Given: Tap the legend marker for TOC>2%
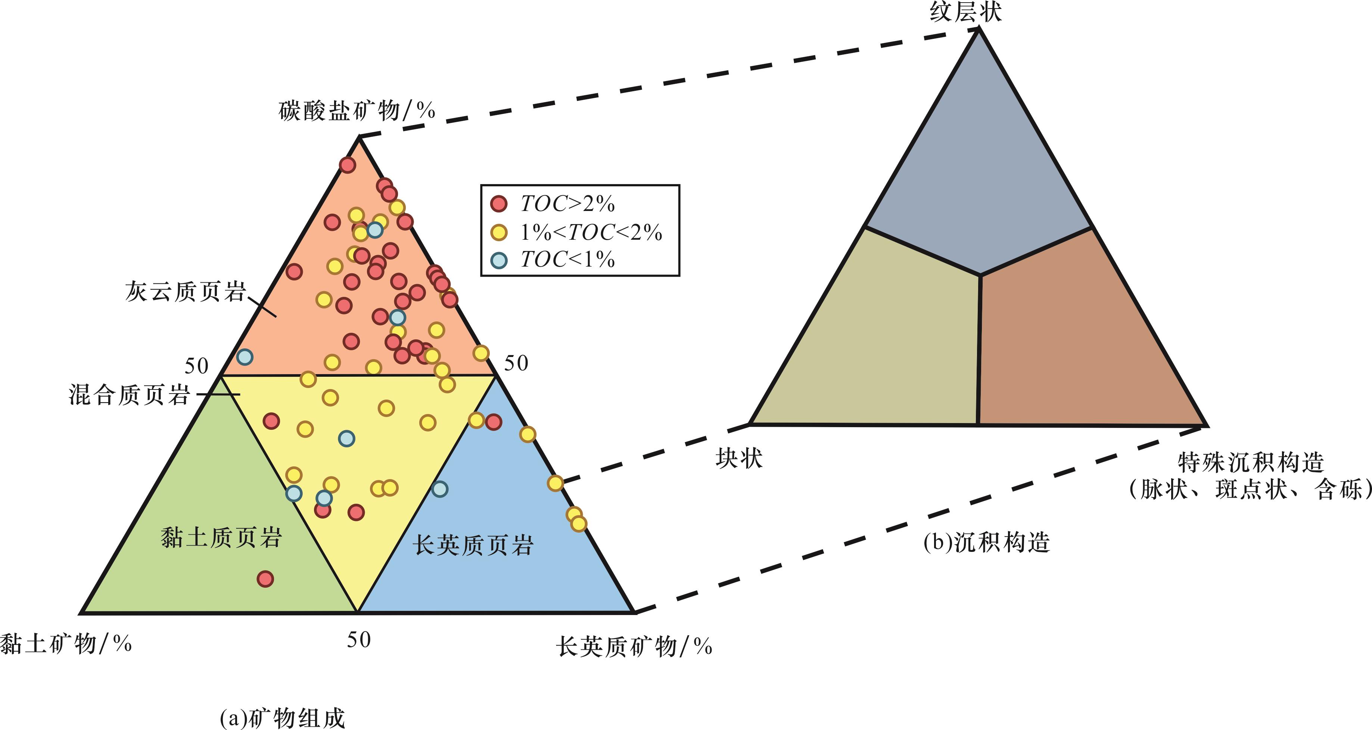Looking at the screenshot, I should pos(498,204).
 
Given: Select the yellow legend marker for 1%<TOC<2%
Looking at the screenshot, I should pos(498,232).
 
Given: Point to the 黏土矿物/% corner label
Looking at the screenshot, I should pos(65,644).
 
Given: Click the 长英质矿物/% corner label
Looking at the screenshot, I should pos(634,646).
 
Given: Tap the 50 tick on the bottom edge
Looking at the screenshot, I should pos(358,639).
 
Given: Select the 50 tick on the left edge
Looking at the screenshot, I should pos(196,366).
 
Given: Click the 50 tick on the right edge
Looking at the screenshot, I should pos(516,363).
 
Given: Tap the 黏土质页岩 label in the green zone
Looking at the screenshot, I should pos(221,537).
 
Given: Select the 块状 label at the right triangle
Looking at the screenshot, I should pos(739,458).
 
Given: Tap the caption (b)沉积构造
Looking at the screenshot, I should pos(986,543).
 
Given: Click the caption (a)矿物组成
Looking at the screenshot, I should pos(282,718).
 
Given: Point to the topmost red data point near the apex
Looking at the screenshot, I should pos(347,165).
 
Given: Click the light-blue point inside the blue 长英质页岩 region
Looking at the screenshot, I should pos(439,489).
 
